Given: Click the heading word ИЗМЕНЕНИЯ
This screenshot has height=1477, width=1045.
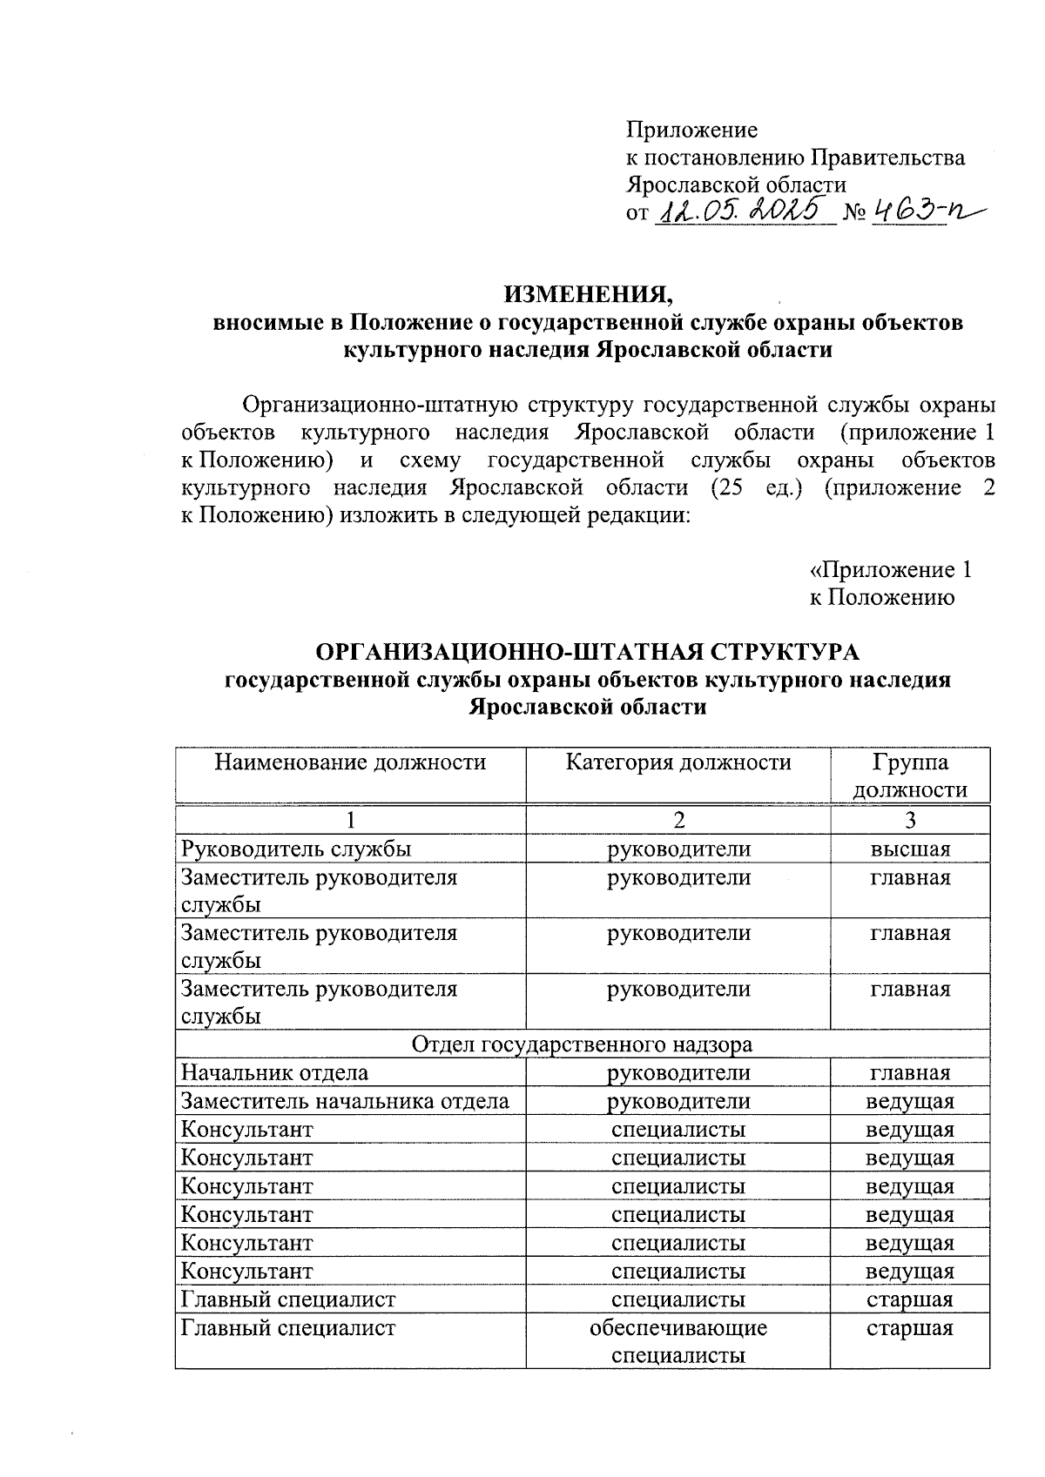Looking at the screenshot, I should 589,294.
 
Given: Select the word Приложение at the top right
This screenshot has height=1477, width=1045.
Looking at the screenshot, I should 692,131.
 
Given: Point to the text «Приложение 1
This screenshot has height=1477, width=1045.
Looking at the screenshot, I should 890,570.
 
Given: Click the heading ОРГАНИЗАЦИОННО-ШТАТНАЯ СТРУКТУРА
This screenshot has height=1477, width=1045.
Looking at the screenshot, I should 587,652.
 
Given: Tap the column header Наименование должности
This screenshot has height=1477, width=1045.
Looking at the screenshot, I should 350,763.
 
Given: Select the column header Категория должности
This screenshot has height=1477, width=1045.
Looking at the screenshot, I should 678,763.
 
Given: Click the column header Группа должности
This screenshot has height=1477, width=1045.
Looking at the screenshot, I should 910,776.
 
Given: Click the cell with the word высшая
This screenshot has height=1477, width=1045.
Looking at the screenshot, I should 910,849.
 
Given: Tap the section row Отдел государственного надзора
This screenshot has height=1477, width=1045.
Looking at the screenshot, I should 582,1044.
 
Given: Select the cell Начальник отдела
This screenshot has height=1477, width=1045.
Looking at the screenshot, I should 274,1073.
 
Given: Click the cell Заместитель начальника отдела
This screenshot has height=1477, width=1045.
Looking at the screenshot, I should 345,1102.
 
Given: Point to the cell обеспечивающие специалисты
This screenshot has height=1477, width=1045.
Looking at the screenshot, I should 678,1341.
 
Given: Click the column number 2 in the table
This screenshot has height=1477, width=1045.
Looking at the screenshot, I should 678,820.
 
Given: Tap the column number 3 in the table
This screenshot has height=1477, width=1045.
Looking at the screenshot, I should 910,820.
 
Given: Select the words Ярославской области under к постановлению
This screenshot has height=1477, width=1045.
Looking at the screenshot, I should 736,185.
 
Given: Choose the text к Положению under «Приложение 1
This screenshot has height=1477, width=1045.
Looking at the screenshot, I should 881,598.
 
